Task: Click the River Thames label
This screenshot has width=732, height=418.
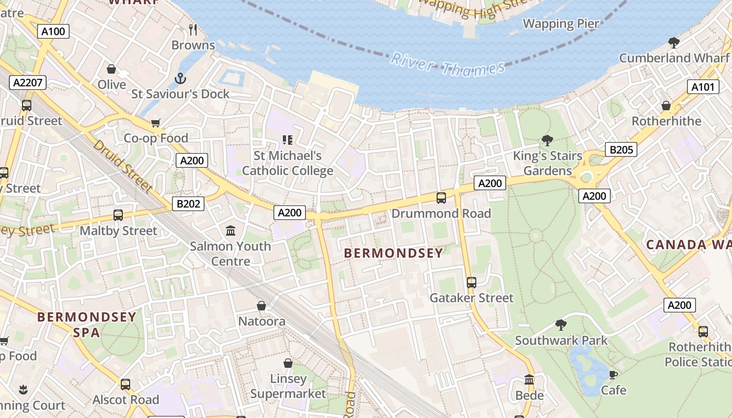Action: click(448, 65)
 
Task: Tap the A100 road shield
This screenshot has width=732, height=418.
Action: click(53, 31)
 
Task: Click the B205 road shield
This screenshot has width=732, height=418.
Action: click(621, 150)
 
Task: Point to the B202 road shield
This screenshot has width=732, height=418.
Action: click(188, 203)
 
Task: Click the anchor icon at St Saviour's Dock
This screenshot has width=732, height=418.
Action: click(180, 78)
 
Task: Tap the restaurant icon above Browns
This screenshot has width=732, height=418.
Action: click(193, 29)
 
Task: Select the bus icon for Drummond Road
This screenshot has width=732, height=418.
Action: click(441, 198)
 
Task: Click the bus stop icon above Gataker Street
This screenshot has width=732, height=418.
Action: click(472, 283)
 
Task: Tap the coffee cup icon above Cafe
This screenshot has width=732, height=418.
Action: click(613, 375)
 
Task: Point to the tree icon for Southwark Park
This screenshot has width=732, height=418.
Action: click(561, 325)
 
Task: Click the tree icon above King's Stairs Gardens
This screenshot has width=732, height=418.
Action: click(547, 140)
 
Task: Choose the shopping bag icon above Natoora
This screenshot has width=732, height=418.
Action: click(261, 306)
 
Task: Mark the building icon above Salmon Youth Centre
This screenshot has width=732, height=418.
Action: click(231, 230)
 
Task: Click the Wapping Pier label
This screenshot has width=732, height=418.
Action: click(561, 24)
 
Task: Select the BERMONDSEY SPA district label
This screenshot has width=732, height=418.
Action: click(87, 324)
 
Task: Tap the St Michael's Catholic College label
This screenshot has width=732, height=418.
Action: click(288, 163)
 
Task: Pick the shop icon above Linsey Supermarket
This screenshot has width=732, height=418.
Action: click(288, 363)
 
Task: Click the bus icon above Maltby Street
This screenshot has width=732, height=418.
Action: click(118, 215)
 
